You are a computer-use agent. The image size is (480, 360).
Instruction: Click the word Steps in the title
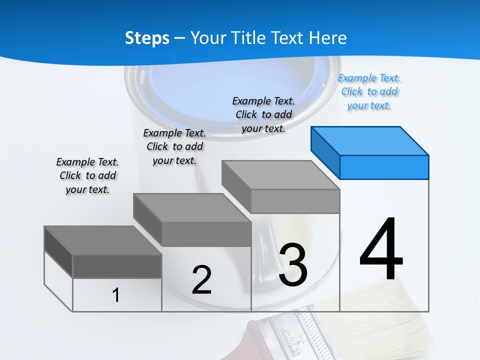(147, 38)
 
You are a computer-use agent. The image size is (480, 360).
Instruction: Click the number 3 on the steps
(293, 265)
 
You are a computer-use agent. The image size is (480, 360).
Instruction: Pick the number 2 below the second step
(201, 279)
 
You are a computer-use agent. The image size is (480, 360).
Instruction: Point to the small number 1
(115, 295)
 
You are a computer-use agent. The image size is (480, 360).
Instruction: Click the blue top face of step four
(369, 140)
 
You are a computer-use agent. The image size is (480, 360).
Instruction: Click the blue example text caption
(369, 92)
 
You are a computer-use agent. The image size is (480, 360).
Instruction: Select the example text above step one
(87, 175)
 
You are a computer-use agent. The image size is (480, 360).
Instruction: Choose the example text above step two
(174, 146)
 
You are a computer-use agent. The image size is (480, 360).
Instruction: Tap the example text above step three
(264, 114)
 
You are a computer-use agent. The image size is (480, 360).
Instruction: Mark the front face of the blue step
(384, 167)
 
